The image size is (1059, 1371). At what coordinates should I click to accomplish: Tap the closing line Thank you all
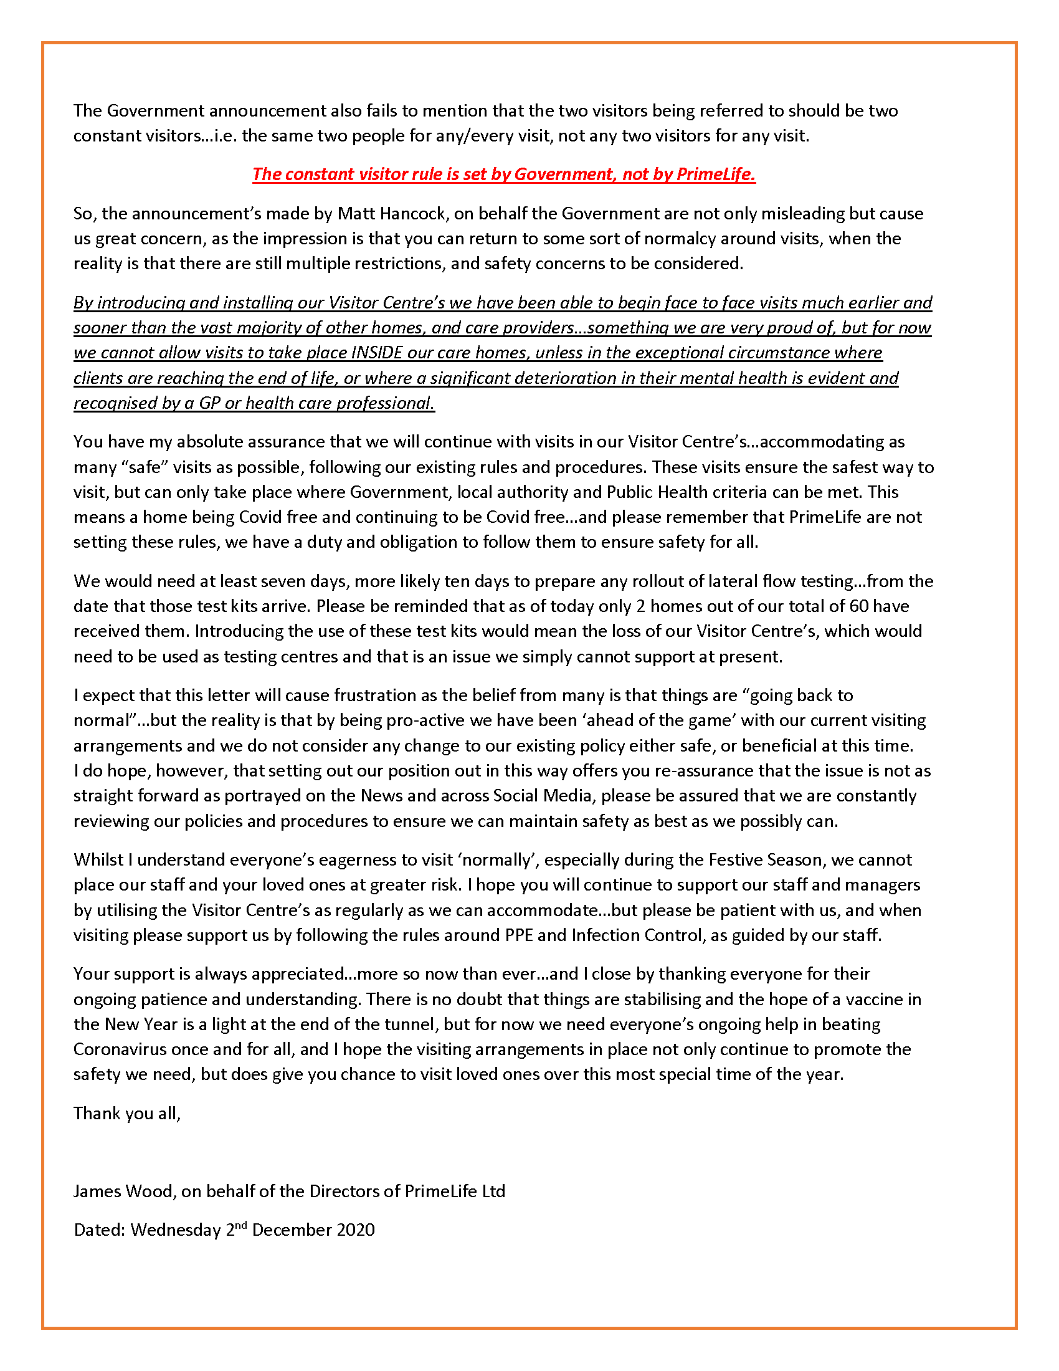[126, 1113]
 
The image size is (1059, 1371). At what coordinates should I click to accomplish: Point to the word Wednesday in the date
[175, 1230]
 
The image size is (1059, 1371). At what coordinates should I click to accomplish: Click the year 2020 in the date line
[355, 1230]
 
